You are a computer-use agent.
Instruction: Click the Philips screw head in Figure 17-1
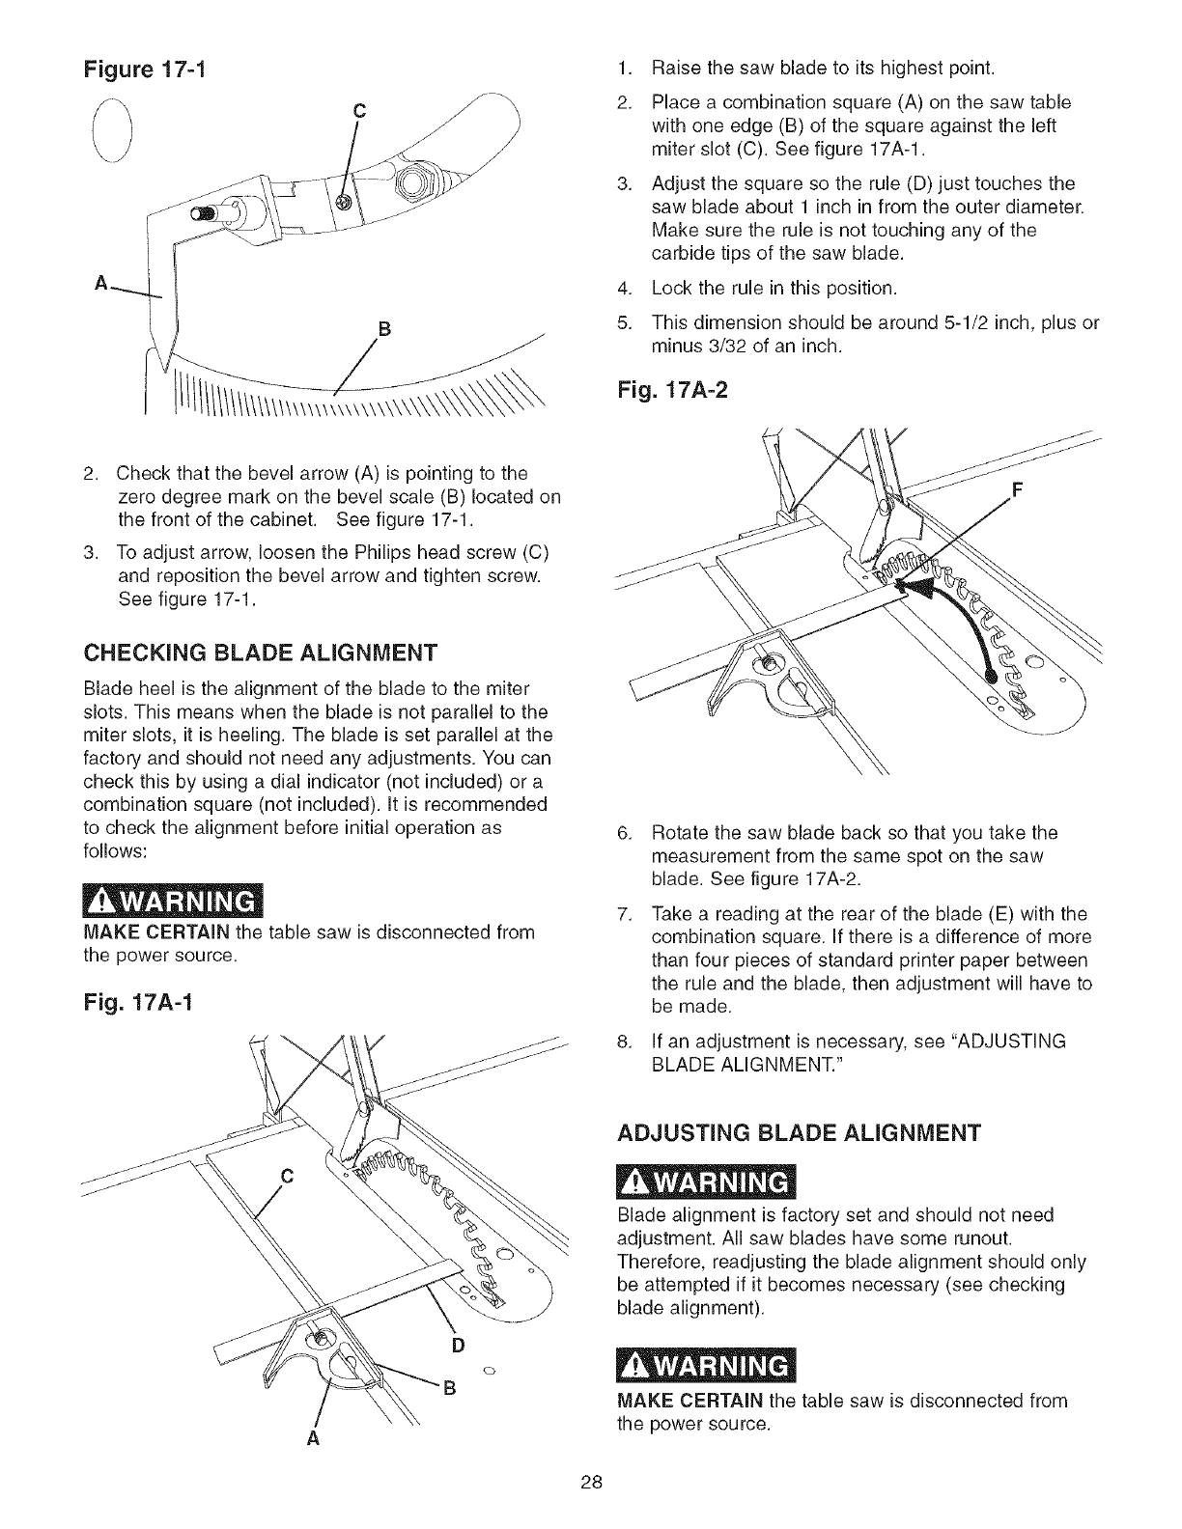[341, 200]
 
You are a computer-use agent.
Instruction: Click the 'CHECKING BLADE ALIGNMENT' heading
[259, 650]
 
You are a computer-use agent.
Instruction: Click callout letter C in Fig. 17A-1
[285, 1176]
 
